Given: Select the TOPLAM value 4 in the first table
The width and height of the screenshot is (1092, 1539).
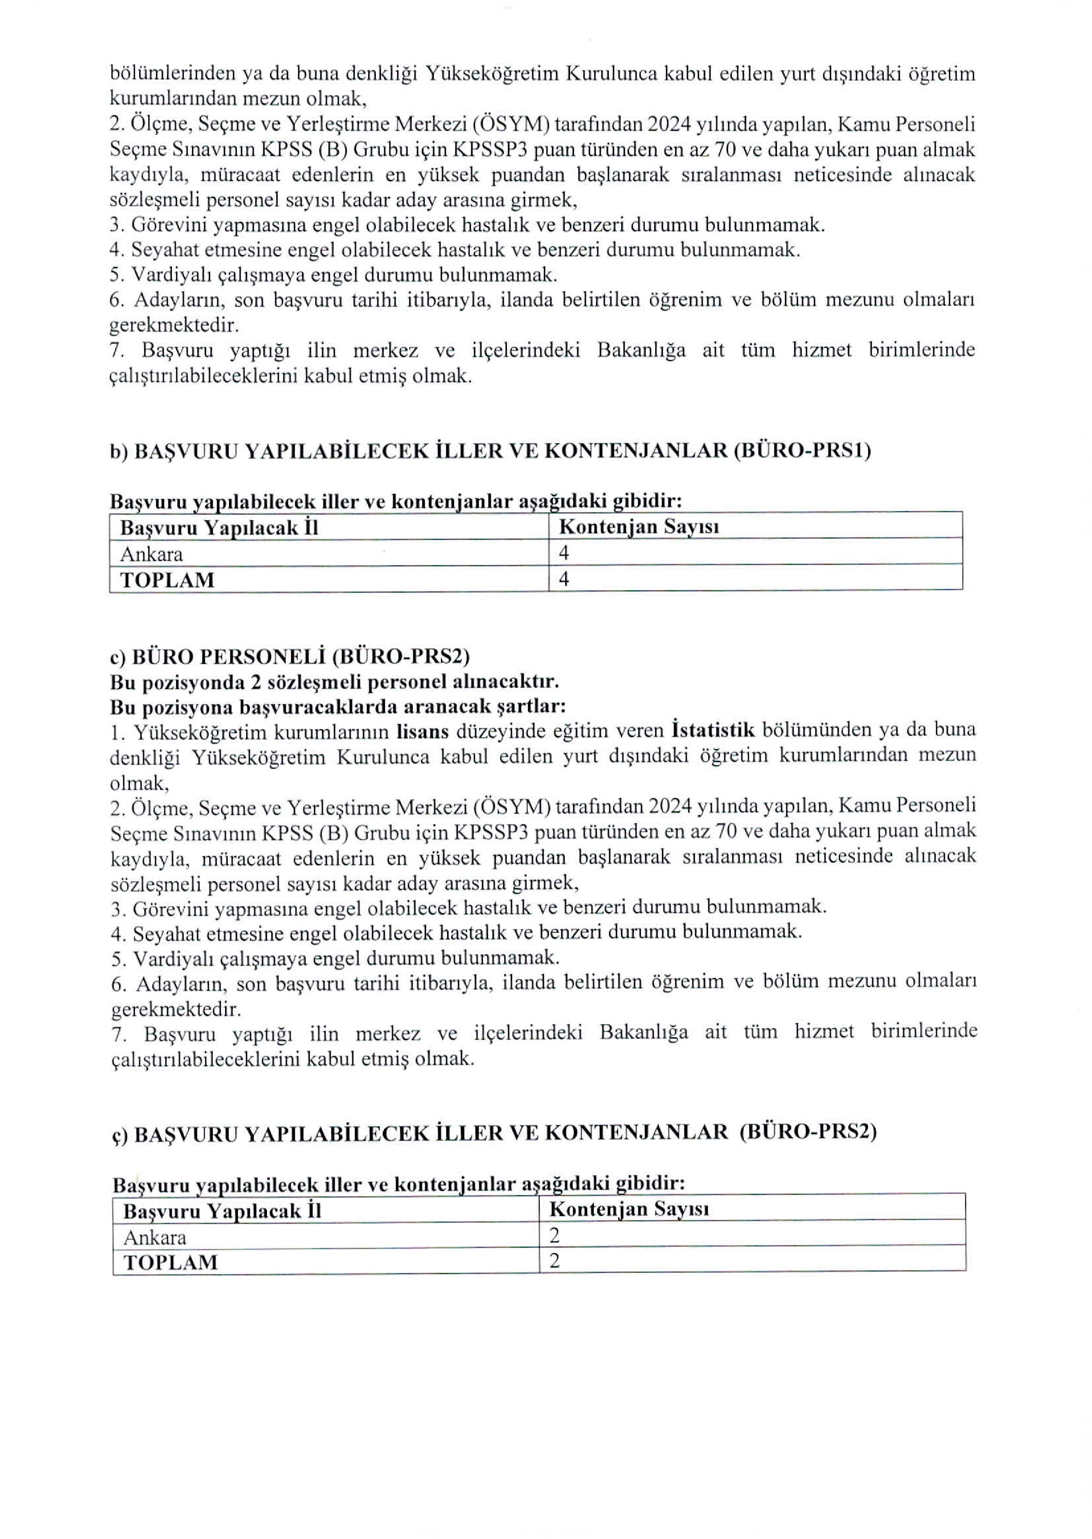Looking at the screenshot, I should coord(564,579).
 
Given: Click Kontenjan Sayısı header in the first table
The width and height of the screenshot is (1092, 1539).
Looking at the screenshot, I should coord(639,527).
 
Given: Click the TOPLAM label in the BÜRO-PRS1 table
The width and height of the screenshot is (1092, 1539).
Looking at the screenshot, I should coord(167,580).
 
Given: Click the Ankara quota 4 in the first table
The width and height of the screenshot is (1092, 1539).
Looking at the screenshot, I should coord(564,554).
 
